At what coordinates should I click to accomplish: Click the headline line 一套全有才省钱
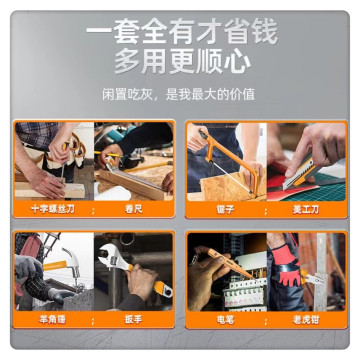coord(180,32)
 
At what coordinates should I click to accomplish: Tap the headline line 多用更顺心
coord(180,63)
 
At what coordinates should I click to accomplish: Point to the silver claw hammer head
coord(71,259)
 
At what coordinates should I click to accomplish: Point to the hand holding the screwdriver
coord(45,175)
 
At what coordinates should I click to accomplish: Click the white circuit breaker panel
coord(240,290)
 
